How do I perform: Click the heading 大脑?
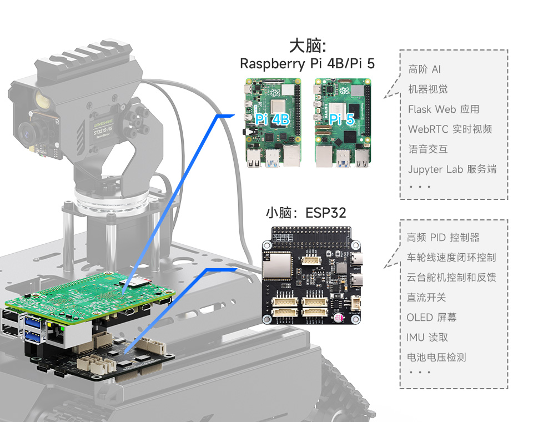307,46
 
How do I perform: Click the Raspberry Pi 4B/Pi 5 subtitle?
307,64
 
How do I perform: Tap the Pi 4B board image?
273,122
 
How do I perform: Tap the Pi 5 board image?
342,122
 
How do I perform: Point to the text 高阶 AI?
425,69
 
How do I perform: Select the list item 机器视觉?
428,89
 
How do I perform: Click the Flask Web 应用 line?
444,109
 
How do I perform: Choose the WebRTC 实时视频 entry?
450,129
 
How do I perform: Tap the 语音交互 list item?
428,149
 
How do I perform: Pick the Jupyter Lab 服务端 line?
452,169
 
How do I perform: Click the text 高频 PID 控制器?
443,238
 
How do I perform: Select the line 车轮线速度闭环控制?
451,258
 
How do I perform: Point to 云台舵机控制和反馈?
451,278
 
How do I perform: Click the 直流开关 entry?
426,298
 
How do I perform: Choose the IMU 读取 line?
427,338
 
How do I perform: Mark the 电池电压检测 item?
436,358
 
